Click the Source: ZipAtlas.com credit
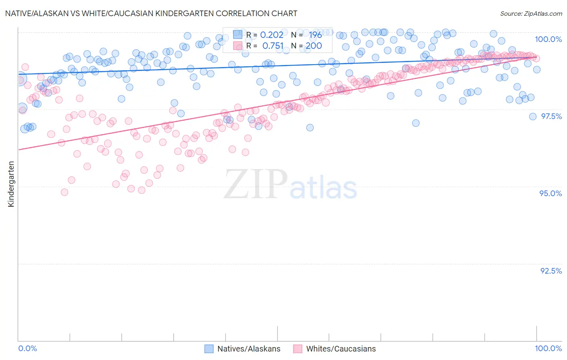pos(531,13)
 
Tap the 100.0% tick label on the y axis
pos(548,39)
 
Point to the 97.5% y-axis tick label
pos(551,116)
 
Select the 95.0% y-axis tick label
pos(550,193)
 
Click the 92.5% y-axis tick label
pos(551,271)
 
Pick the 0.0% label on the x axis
pos(28,348)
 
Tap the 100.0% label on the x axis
pos(548,348)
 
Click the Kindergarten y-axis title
pos(11,184)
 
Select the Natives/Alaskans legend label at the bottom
pos(248,349)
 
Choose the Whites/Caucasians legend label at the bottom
pos(341,349)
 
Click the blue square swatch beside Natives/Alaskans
pos(209,349)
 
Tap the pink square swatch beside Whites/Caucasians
pos(298,349)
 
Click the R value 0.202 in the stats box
pos(271,35)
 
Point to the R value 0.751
pos(273,46)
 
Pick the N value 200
pos(313,46)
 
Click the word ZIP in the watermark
pos(256,184)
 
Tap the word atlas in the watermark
pos(323,188)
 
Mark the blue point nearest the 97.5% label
pos(533,117)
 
